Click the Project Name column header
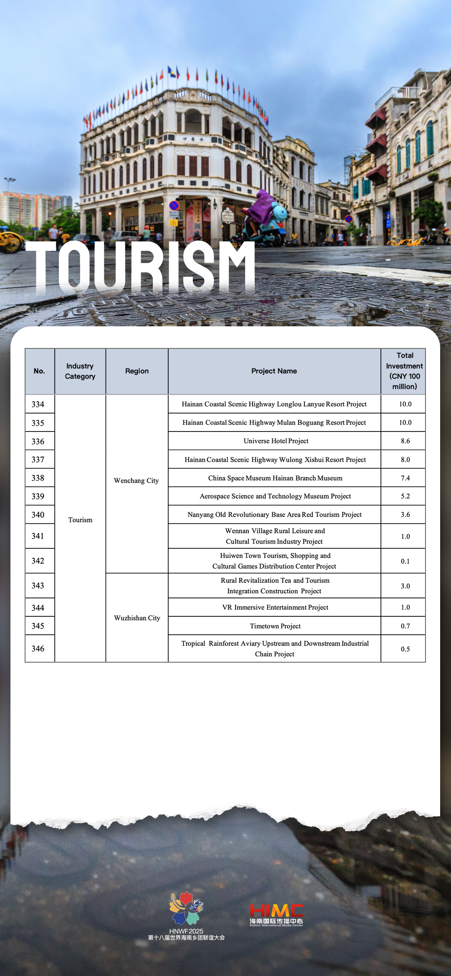[x=274, y=371]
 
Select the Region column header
[x=137, y=371]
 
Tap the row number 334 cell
[x=38, y=404]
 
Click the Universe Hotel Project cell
[x=276, y=441]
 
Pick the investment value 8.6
[x=405, y=441]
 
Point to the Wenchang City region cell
[x=136, y=481]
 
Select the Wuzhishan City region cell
[x=137, y=618]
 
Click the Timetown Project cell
[x=275, y=626]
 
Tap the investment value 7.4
[x=405, y=478]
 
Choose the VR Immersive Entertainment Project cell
[x=275, y=608]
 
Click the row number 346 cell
[x=38, y=648]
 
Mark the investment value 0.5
[x=405, y=649]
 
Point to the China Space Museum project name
[x=275, y=478]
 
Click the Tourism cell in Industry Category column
[x=80, y=520]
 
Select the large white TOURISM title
[x=140, y=267]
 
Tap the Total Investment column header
[x=404, y=371]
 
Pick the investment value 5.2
[x=405, y=497]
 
